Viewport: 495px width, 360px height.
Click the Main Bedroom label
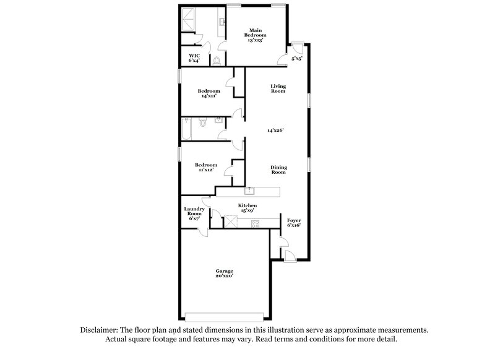[x=256, y=35]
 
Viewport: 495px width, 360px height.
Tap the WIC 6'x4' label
[x=194, y=58]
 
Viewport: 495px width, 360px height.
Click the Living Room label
[x=278, y=88]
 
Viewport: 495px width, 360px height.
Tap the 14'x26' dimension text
[x=276, y=131]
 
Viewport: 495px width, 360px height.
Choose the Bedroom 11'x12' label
[x=205, y=168]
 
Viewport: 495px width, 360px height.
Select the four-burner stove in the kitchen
[x=254, y=224]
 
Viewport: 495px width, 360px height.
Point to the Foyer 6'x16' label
[x=293, y=223]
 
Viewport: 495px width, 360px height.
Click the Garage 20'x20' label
[x=224, y=274]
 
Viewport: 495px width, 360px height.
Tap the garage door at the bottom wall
[x=225, y=312]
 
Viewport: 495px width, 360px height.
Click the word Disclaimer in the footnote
[x=99, y=330]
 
